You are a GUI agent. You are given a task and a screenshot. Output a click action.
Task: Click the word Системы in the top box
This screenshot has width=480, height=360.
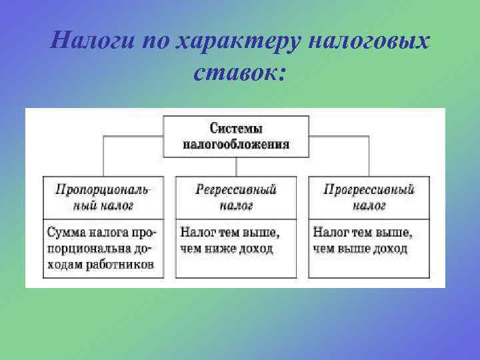coord(236,128)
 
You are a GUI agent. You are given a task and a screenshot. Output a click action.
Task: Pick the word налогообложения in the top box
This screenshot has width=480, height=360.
coord(236,143)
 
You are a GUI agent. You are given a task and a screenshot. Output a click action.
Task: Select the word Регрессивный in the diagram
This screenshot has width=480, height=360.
coord(236,190)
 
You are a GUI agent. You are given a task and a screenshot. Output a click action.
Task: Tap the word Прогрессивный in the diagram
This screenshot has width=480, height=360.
coord(369,190)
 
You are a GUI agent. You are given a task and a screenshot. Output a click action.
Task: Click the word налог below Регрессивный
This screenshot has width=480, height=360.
coord(236,205)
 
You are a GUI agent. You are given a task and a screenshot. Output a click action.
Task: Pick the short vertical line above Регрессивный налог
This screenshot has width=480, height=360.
coord(236,167)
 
